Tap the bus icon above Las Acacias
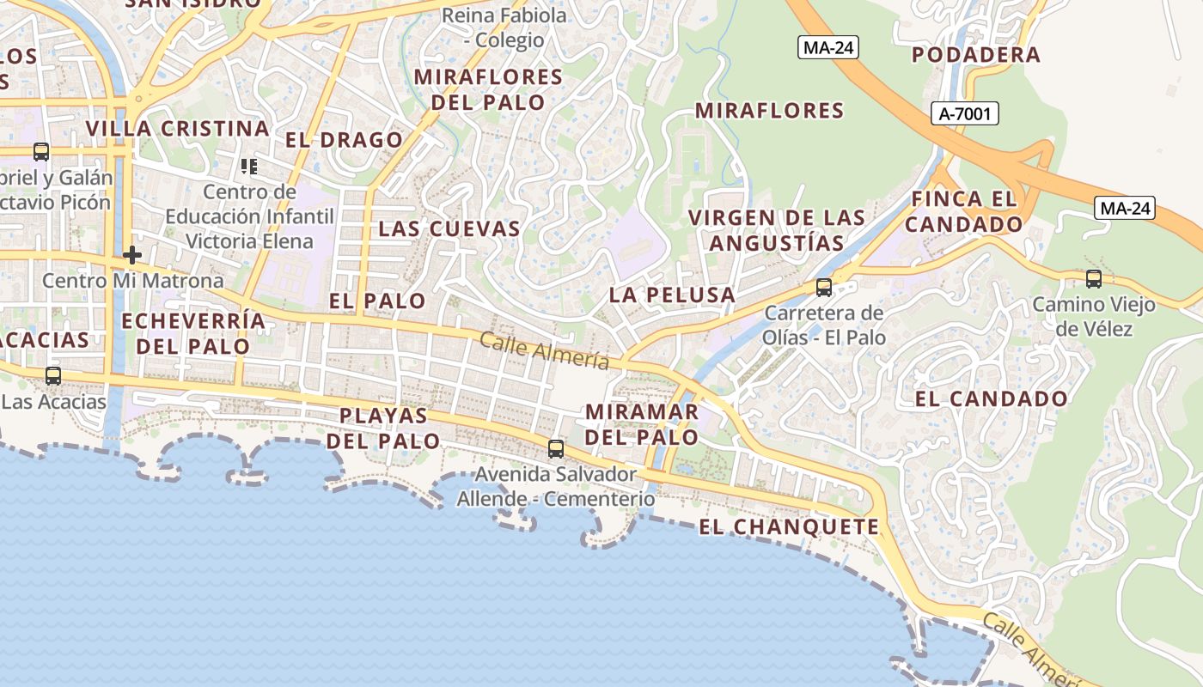[x=53, y=375]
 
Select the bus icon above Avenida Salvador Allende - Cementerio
[x=556, y=448]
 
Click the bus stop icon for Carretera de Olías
[x=824, y=287]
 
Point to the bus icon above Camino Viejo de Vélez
[x=1094, y=278]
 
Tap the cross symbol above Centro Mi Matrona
[x=132, y=255]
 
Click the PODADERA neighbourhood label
[x=975, y=55]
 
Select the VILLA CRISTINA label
[x=178, y=129]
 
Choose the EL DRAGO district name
[x=344, y=140]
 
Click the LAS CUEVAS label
[x=449, y=228]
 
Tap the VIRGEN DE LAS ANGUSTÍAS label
[x=777, y=230]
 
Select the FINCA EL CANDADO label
[x=964, y=211]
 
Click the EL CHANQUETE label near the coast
[x=789, y=527]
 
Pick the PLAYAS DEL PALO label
[x=383, y=428]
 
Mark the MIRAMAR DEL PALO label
[x=642, y=423]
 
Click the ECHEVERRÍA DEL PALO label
[x=193, y=333]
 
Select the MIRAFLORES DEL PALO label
[x=488, y=89]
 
